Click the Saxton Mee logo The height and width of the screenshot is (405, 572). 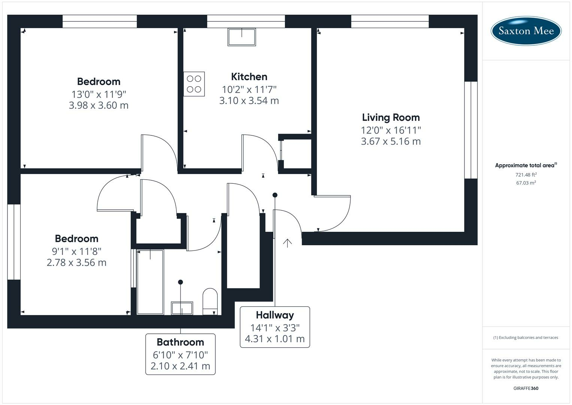click(x=526, y=31)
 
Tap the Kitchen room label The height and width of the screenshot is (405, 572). click(x=249, y=77)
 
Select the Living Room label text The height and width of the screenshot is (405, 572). click(x=391, y=117)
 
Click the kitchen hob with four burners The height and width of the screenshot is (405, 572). click(x=194, y=84)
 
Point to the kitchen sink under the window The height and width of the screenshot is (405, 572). click(x=242, y=37)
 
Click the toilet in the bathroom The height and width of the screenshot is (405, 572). click(x=210, y=301)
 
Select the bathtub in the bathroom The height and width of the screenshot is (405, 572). click(x=150, y=282)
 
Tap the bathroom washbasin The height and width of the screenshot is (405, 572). click(x=182, y=308)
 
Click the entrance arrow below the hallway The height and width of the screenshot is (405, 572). click(x=287, y=243)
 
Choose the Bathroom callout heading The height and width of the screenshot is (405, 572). click(x=180, y=342)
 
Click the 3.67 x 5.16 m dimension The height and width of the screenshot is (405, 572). click(x=391, y=141)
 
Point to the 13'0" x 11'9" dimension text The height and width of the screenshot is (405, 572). click(x=99, y=94)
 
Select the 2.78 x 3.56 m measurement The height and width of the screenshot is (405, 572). click(x=76, y=262)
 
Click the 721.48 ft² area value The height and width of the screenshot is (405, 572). click(x=526, y=175)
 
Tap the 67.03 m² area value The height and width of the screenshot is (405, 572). click(x=526, y=183)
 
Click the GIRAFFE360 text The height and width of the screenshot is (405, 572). click(x=526, y=388)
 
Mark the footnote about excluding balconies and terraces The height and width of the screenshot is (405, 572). click(x=526, y=337)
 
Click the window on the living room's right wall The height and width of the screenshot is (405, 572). click(x=470, y=130)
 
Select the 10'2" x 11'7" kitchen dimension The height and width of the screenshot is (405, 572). click(x=249, y=90)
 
